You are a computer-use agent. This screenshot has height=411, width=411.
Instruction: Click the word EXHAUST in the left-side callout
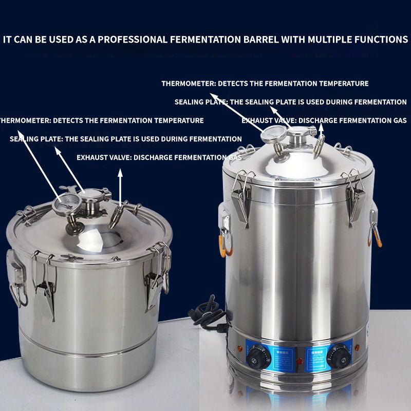coord(92,157)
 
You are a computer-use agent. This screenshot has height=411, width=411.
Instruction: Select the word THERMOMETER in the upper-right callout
coord(188,83)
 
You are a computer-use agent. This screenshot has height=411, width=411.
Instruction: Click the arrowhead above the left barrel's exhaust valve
coord(120,174)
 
